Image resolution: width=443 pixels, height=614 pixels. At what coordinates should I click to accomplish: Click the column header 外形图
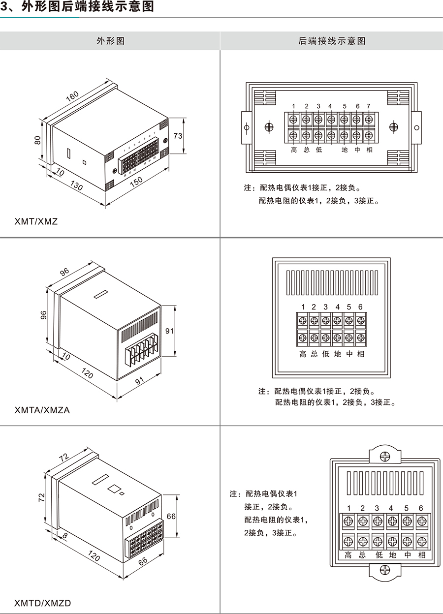coord(110,41)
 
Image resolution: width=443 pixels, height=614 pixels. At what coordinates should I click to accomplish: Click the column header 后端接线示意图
coord(332,41)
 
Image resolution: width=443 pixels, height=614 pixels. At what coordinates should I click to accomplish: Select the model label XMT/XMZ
coord(36,221)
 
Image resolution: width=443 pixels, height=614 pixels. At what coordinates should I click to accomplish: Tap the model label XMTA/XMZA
coord(42,409)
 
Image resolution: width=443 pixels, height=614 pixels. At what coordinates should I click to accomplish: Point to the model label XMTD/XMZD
coord(43,603)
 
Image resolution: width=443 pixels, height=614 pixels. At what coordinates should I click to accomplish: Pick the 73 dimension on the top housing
coord(179,135)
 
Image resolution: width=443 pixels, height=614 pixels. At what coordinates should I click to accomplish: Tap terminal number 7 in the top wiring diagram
coord(368,106)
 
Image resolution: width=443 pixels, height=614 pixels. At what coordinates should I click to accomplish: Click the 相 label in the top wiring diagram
coord(369,150)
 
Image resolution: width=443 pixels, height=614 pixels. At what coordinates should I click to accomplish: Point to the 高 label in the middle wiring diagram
coord(303,354)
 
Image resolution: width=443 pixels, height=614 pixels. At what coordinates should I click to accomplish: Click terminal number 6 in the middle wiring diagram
coord(361,307)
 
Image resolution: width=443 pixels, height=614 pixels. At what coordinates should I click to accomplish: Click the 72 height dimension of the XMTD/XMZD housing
coord(42,498)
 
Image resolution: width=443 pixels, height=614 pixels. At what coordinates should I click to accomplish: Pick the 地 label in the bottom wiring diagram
coord(392,555)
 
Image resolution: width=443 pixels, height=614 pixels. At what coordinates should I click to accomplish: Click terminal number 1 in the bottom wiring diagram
coord(348,508)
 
